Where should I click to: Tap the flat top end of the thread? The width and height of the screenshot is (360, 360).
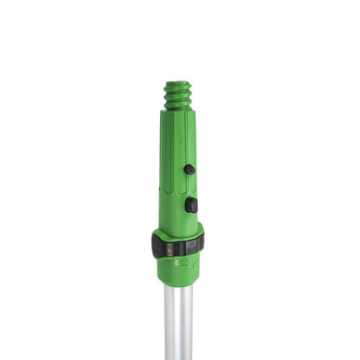point(177,84)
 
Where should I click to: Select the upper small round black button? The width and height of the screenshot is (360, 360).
point(189,170)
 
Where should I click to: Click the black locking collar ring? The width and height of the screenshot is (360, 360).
point(177,245)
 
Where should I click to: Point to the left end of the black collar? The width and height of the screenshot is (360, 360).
point(155,245)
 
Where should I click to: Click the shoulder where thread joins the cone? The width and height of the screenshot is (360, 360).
point(177,113)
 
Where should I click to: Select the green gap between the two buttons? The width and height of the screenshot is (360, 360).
point(190,187)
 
